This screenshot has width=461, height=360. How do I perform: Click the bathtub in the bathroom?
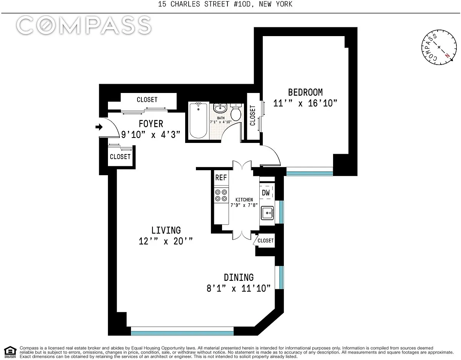click(x=198, y=121)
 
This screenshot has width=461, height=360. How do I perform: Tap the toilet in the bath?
click(x=236, y=112)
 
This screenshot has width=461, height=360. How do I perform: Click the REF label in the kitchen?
click(x=221, y=178)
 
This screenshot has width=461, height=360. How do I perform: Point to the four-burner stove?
click(x=221, y=195)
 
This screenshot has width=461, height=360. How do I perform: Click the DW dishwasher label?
click(x=265, y=192)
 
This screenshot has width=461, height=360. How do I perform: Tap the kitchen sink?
click(x=267, y=213)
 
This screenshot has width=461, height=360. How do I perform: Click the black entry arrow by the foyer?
click(x=99, y=127)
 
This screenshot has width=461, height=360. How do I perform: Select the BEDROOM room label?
click(x=305, y=92)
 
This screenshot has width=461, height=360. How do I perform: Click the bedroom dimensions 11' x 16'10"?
click(x=305, y=103)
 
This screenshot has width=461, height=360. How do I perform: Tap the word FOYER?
click(x=151, y=124)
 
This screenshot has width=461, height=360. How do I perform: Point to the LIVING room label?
click(x=166, y=230)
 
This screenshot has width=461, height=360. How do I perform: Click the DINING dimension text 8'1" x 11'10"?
click(x=239, y=288)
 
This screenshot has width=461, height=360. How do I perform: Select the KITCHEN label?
click(x=244, y=200)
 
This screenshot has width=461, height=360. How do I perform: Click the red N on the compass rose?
click(x=448, y=56)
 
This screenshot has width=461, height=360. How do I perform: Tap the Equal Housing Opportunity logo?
click(x=10, y=353)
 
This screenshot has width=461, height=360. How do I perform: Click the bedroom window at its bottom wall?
click(x=310, y=171)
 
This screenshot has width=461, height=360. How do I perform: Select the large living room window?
click(x=182, y=331)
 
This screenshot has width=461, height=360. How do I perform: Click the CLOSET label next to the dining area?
click(x=265, y=241)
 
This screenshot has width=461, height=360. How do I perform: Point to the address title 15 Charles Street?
click(x=225, y=4)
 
